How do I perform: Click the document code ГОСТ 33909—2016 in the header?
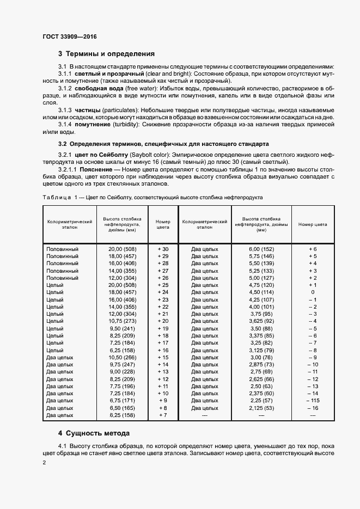pos(69,37)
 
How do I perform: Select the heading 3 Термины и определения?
pos(106,54)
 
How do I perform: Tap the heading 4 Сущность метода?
pos(94,434)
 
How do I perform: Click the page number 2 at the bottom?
pos(44,463)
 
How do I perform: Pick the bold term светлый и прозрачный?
pos(101,73)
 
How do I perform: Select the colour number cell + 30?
pos(163,249)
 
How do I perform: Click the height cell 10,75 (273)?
pos(122,321)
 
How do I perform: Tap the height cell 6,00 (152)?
pos(261,249)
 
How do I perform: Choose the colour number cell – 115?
pos(312,400)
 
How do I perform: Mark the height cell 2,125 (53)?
pos(261,407)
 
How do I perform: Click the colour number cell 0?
pos(312,292)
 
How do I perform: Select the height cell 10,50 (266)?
pos(122,357)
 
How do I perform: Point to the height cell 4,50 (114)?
pos(261,292)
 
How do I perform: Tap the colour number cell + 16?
pos(163,349)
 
